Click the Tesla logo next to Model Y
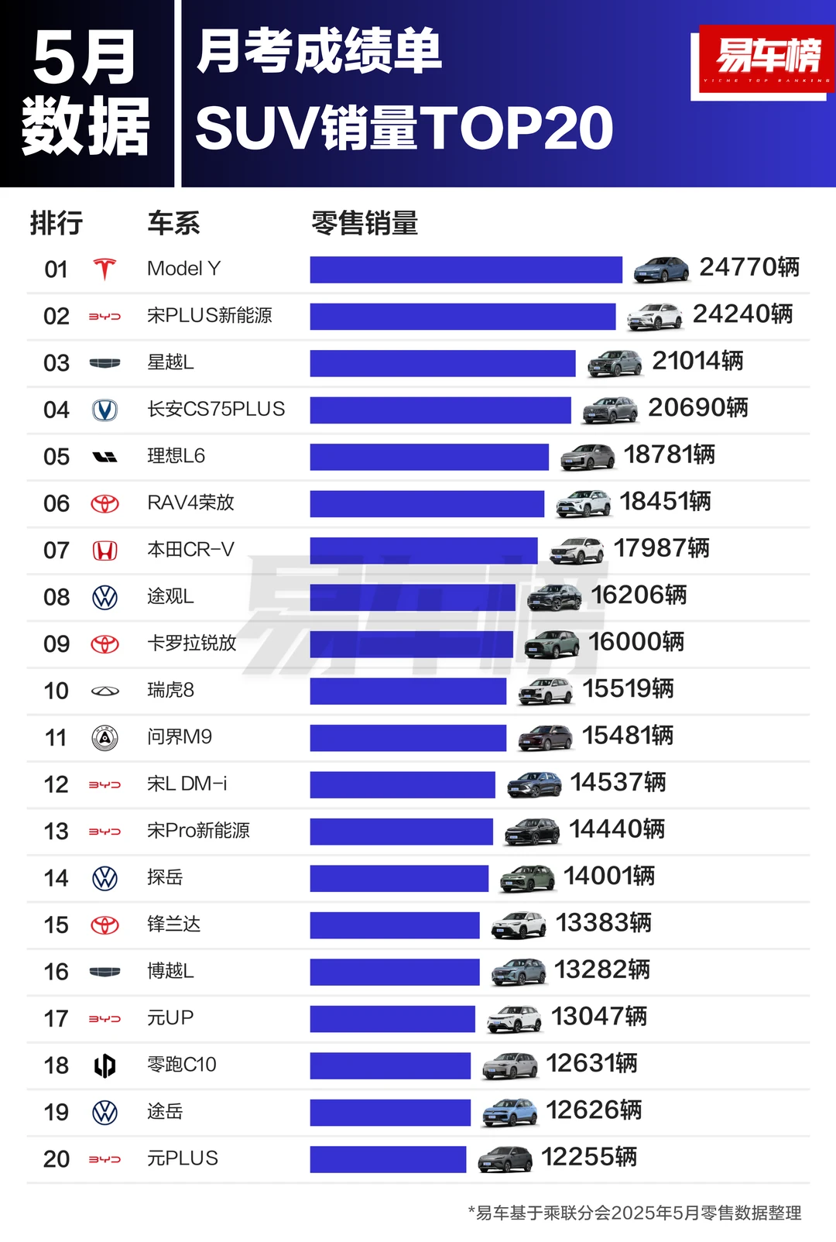104,269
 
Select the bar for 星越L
442,363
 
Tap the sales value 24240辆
742,314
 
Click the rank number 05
57,457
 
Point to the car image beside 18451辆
583,503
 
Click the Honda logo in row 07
104,551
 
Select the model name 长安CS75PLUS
216,409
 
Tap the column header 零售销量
364,223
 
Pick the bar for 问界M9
408,738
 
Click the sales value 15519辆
628,689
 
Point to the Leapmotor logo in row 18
104,1066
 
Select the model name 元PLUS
183,1158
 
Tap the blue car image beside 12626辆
509,1113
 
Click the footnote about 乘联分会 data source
635,1213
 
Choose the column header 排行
56,223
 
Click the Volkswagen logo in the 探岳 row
104,878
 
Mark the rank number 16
57,972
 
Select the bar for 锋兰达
395,925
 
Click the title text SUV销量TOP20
403,129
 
